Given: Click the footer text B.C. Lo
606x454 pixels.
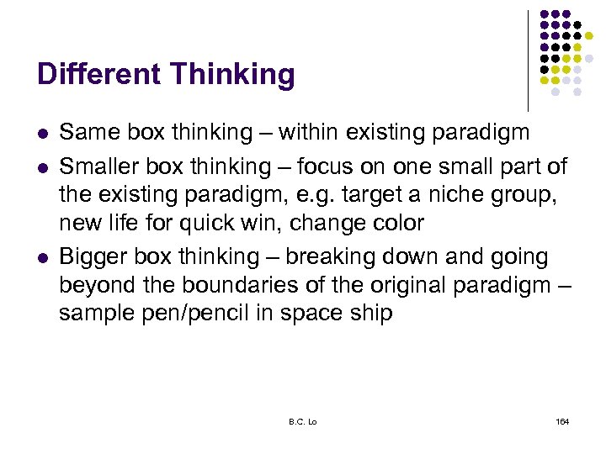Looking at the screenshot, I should [302, 420].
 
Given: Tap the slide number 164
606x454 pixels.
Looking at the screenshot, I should [562, 420].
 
